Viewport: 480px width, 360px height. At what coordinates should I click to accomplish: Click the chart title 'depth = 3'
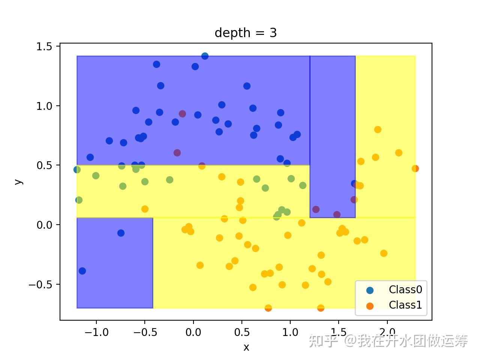246,33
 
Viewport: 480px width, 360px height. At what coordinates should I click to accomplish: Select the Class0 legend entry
394,289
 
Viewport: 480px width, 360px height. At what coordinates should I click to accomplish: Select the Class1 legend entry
394,305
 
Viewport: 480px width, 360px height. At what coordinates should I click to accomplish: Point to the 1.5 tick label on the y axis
44,46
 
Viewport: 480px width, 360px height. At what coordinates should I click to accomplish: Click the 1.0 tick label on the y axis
44,106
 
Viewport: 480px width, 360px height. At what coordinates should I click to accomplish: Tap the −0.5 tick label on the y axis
40,285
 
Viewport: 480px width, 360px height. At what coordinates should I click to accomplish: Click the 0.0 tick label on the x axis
193,333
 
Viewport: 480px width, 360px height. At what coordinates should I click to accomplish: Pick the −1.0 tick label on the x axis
96,333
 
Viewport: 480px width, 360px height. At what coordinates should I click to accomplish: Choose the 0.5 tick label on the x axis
242,333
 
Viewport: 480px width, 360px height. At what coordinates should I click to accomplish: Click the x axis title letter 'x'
246,347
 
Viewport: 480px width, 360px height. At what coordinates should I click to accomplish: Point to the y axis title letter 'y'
19,182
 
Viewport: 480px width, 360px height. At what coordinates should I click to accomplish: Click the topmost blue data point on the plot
205,56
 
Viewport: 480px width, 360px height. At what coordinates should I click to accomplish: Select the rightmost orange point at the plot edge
415,168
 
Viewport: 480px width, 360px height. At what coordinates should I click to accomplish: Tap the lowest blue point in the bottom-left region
82,271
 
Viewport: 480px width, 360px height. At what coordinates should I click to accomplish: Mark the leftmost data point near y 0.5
77,169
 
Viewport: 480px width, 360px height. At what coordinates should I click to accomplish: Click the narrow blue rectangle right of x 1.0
333,137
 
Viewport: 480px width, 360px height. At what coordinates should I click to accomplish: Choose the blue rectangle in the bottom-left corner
115,263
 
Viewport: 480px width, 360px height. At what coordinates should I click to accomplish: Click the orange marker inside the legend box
370,306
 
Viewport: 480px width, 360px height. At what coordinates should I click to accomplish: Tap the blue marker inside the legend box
370,290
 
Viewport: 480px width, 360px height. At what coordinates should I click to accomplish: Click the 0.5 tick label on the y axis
44,165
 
